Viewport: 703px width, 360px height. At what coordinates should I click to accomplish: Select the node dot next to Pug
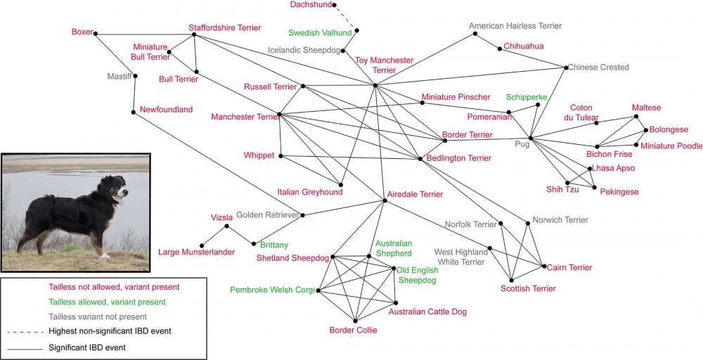coord(529,139)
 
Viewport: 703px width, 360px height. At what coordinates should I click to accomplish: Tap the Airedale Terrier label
coord(415,194)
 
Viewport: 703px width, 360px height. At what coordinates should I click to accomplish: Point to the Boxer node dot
coord(96,33)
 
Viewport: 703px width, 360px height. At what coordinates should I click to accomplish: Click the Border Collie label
coord(353,330)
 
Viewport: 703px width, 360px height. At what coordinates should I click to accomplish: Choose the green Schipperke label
coord(527,96)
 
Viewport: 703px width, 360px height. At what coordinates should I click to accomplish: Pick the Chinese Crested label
coord(598,67)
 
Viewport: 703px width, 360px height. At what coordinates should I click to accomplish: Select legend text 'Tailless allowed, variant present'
coord(107,302)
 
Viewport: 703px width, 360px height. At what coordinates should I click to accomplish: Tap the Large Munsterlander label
coord(196,252)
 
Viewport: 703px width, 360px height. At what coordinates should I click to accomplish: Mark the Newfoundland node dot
coord(133,112)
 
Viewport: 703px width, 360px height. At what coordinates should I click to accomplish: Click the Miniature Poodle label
coord(671,146)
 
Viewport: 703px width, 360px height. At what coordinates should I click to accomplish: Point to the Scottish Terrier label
coord(528,288)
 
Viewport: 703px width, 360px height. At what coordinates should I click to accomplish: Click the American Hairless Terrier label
coord(515,26)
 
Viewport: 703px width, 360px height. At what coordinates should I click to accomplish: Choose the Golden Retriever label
coord(267,214)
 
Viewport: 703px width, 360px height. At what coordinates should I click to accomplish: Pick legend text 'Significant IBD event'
coord(91,347)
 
